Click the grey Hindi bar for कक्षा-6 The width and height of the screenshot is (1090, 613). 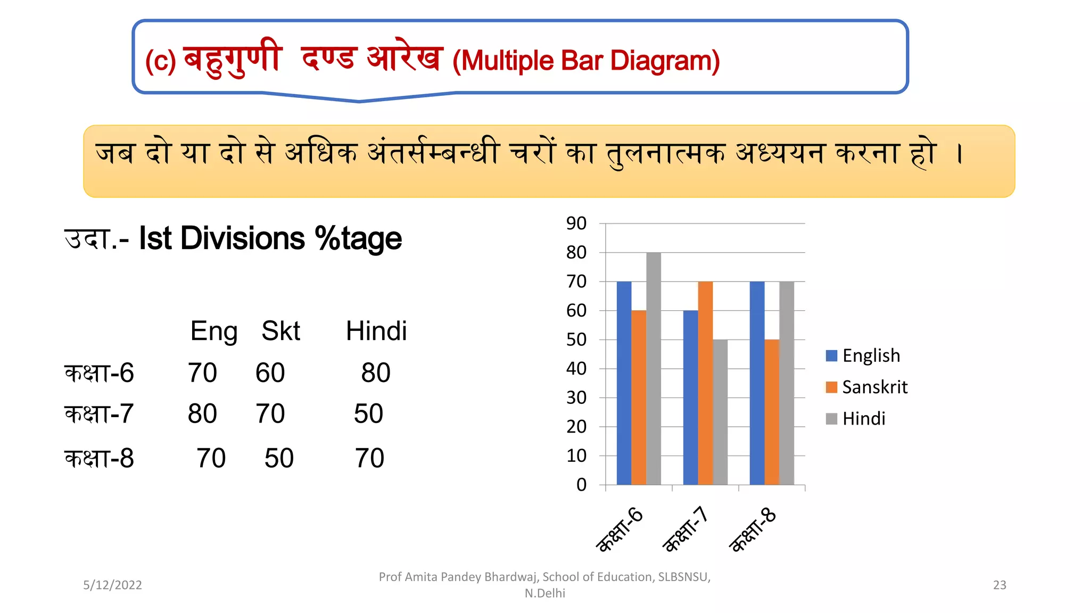654,368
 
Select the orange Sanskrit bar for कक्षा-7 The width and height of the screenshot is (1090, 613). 705,383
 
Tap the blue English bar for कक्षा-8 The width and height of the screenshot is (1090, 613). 757,383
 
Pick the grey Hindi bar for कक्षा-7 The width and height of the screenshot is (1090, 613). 720,412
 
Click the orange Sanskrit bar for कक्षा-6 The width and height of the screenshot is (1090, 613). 639,397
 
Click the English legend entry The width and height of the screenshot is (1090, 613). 863,355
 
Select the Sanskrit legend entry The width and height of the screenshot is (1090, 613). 867,387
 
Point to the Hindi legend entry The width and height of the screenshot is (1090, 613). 856,419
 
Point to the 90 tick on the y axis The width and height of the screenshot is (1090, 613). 576,223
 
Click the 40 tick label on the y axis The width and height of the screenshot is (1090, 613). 576,368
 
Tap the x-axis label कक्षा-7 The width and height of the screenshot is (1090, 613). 686,529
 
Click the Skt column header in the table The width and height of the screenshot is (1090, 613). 280,331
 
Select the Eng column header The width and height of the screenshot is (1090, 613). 214,331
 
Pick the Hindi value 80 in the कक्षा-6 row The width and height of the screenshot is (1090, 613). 376,372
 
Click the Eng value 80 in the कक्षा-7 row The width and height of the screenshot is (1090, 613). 202,413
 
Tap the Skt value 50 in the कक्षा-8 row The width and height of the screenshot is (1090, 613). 279,458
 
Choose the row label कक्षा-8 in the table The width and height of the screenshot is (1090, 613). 99,458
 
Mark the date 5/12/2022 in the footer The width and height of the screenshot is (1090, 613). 112,585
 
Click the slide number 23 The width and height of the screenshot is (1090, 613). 1000,585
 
